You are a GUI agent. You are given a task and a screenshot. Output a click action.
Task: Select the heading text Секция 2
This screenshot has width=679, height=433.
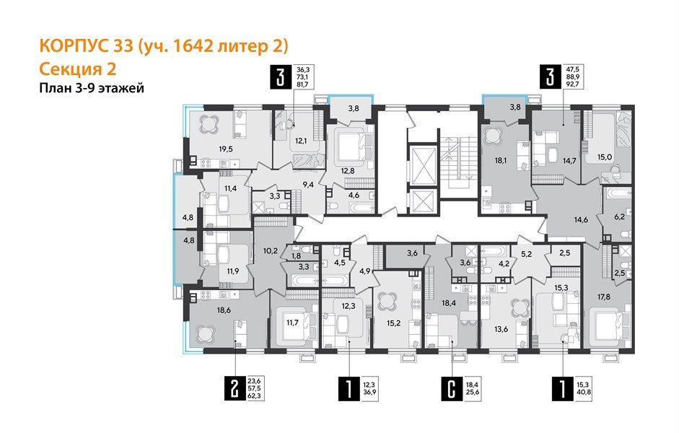click(x=76, y=69)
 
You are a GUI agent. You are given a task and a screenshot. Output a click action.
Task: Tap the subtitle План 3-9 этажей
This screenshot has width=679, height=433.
click(x=91, y=89)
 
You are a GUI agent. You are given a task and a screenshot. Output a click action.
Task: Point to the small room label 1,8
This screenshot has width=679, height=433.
click(x=296, y=255)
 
